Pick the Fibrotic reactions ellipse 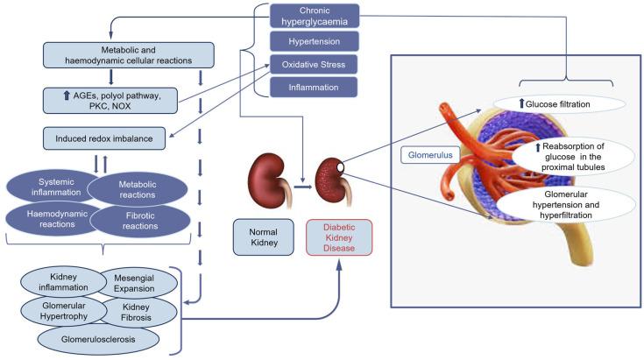[x=139, y=219]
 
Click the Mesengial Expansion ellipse [x=135, y=283]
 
